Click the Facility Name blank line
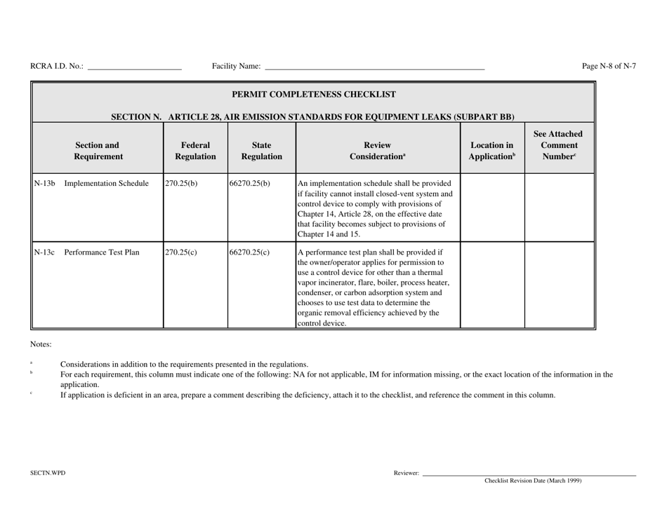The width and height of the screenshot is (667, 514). tap(374, 68)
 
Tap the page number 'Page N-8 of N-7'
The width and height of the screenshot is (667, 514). tap(609, 66)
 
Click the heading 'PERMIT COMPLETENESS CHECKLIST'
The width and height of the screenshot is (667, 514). tap(313, 94)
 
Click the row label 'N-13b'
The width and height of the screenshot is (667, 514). tap(44, 184)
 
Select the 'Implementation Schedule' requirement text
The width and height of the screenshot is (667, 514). tap(107, 184)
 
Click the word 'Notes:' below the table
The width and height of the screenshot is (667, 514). tap(41, 344)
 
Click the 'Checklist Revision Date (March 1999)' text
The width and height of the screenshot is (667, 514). tap(533, 481)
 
